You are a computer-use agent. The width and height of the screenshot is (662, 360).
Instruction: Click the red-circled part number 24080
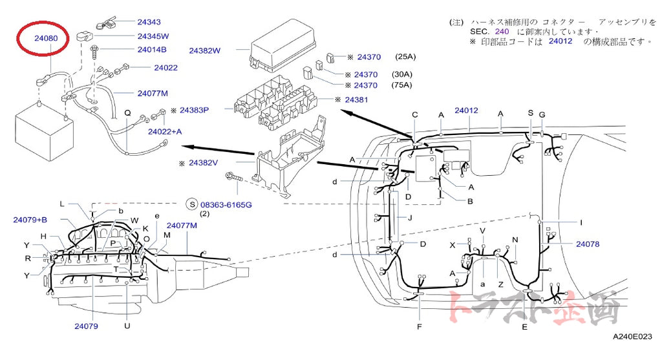pyautogui.click(x=46, y=38)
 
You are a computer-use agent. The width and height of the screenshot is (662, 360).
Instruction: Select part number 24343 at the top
pyautogui.click(x=149, y=22)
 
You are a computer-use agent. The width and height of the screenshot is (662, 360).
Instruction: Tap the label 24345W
pyautogui.click(x=153, y=36)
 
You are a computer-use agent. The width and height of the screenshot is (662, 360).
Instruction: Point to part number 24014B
pyautogui.click(x=152, y=49)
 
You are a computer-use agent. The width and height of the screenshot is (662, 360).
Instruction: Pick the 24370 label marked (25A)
pyautogui.click(x=369, y=57)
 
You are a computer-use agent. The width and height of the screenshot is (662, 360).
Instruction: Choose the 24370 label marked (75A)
pyautogui.click(x=366, y=85)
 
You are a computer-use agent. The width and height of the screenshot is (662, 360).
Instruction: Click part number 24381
pyautogui.click(x=356, y=100)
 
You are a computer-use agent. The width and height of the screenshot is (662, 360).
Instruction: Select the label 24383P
pyautogui.click(x=194, y=110)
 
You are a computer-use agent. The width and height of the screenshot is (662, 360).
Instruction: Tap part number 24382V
pyautogui.click(x=204, y=163)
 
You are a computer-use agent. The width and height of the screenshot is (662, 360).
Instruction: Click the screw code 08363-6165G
pyautogui.click(x=226, y=205)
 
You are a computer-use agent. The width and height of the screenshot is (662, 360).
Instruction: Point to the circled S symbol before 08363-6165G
pyautogui.click(x=192, y=205)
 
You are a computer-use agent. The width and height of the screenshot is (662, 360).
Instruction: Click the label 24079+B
pyautogui.click(x=30, y=220)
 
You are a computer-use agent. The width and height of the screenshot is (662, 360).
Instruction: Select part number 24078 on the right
pyautogui.click(x=588, y=244)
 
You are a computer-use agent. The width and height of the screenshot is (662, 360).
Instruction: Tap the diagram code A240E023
pyautogui.click(x=632, y=336)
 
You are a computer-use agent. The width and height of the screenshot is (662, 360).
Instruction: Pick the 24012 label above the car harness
pyautogui.click(x=466, y=111)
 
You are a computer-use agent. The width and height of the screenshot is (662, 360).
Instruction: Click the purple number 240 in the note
pyautogui.click(x=502, y=31)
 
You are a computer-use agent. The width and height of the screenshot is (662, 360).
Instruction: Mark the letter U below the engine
pyautogui.click(x=127, y=326)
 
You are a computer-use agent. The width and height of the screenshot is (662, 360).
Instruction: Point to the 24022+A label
pyautogui.click(x=165, y=132)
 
